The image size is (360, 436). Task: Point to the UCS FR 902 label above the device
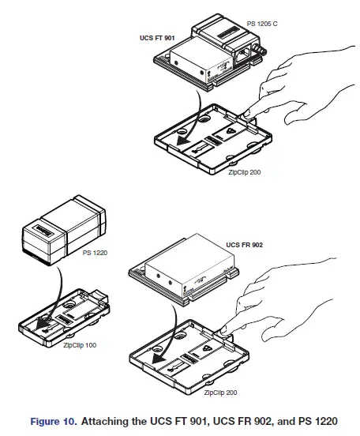245,245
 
